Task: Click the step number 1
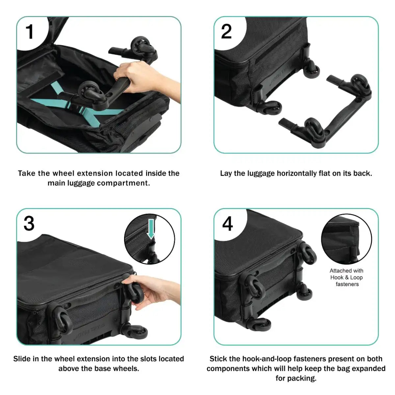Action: click(30, 32)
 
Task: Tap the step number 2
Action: click(226, 32)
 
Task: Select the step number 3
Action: click(29, 224)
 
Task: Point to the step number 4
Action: click(227, 224)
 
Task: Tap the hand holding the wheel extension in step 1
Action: click(138, 76)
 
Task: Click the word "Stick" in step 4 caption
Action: click(218, 359)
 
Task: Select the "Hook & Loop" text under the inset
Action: click(346, 277)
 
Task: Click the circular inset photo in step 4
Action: click(346, 239)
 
